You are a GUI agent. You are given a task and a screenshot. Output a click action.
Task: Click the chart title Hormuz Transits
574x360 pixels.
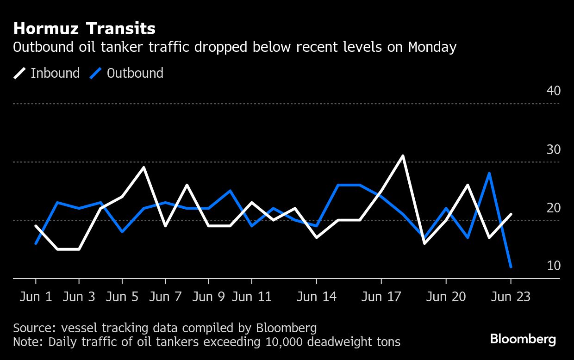(84, 29)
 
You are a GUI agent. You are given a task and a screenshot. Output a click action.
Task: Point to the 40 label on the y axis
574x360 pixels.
(553, 91)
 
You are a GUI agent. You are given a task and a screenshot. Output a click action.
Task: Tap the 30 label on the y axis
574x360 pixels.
(553, 149)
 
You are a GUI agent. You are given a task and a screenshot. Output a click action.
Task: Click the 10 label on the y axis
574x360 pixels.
(553, 266)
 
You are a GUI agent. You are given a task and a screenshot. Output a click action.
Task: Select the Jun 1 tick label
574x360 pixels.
(36, 297)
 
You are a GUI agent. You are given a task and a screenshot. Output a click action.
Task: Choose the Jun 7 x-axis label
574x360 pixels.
(165, 297)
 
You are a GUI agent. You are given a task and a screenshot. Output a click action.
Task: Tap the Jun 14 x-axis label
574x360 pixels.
(317, 297)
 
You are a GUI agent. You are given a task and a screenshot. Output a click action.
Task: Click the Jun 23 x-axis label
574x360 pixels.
(511, 297)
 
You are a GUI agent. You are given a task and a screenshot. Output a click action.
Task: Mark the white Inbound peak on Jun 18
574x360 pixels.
(403, 156)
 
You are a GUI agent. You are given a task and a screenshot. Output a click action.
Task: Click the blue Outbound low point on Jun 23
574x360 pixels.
(511, 267)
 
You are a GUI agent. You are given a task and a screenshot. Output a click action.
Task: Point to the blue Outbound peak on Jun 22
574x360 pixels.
(489, 174)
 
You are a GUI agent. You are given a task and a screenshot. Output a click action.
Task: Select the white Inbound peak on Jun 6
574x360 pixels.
(144, 168)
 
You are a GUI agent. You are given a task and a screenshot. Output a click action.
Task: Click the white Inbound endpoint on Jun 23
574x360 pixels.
(511, 214)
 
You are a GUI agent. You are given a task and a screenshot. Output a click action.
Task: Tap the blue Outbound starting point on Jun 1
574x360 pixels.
(36, 243)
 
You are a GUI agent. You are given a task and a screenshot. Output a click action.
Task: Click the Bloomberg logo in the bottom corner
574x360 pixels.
(523, 339)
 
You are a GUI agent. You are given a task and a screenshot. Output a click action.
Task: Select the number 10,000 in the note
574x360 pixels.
(287, 342)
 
